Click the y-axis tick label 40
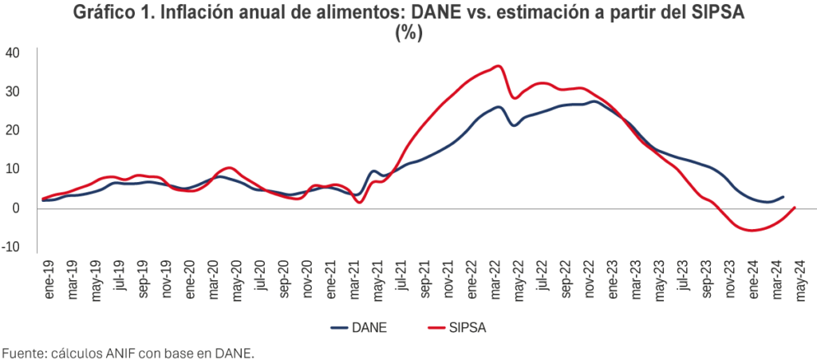pyautogui.click(x=12, y=53)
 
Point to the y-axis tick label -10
pyautogui.click(x=12, y=247)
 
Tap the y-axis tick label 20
pyautogui.click(x=12, y=130)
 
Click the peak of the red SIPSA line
pyautogui.click(x=498, y=65)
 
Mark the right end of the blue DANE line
pyautogui.click(x=783, y=196)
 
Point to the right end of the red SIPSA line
pyautogui.click(x=795, y=208)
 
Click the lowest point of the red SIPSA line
pyautogui.click(x=750, y=230)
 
